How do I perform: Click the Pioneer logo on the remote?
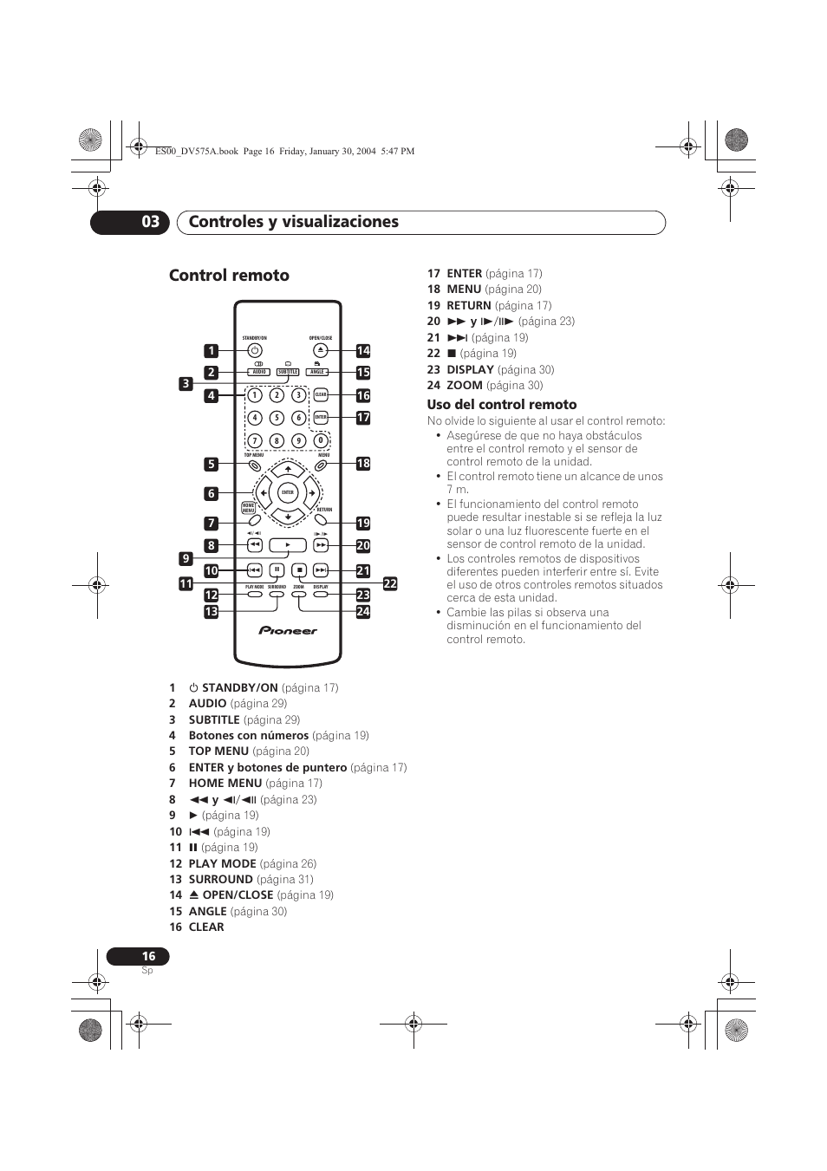tap(288, 631)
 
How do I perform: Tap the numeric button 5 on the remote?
tap(277, 418)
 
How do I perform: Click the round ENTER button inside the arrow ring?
tap(288, 492)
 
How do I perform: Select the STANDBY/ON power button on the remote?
tap(254, 350)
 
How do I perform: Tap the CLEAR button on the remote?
tap(321, 395)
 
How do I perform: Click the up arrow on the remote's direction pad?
tap(288, 470)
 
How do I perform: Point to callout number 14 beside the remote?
tap(363, 351)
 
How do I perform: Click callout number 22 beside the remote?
tap(390, 584)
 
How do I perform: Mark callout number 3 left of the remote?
tap(186, 383)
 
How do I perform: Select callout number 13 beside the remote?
tap(211, 612)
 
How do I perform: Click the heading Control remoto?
tap(229, 276)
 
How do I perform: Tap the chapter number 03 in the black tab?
tap(150, 222)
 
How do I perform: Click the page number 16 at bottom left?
tap(148, 956)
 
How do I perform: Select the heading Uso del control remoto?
tap(501, 405)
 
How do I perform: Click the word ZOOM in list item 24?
tap(465, 386)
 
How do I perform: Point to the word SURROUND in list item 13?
tap(220, 880)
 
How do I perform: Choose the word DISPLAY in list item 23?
tap(470, 369)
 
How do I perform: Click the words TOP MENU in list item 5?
tap(218, 751)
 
